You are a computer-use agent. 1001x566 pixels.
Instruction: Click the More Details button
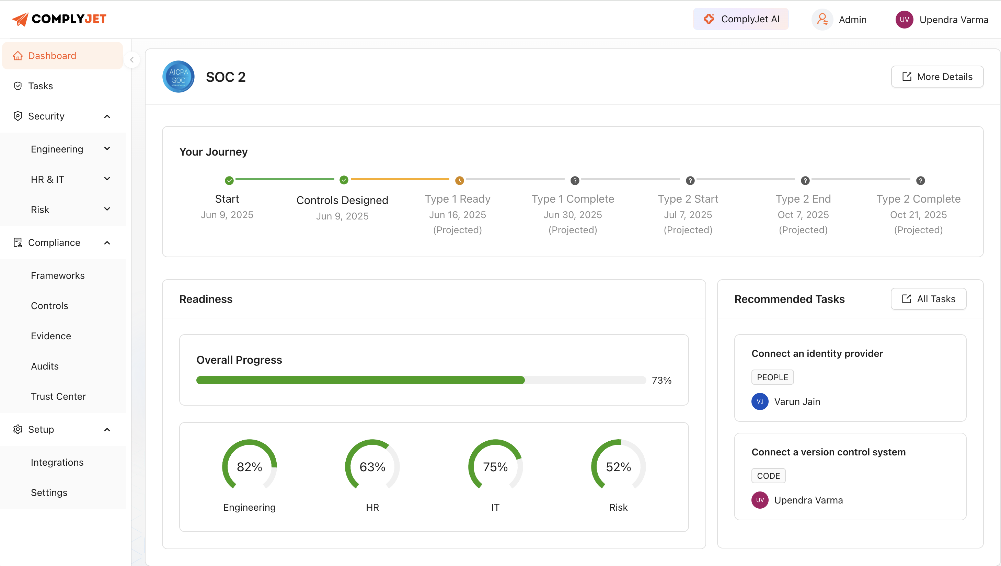click(x=937, y=77)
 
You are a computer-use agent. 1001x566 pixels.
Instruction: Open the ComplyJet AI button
click(x=741, y=19)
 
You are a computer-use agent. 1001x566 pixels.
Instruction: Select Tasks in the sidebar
click(x=41, y=86)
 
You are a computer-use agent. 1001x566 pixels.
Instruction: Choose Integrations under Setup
click(x=57, y=462)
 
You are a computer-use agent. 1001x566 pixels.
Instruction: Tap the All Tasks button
click(x=928, y=298)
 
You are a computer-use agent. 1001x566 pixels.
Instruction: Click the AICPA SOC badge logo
click(x=179, y=77)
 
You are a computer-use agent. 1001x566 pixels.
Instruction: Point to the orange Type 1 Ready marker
click(x=459, y=180)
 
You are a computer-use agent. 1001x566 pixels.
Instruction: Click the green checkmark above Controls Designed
click(x=344, y=180)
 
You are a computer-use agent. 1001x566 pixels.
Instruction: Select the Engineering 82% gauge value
click(x=250, y=466)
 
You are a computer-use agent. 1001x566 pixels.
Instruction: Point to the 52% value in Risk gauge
click(x=618, y=466)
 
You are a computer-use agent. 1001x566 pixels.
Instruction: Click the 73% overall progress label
click(x=661, y=380)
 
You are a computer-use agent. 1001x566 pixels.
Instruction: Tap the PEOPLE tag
click(x=772, y=377)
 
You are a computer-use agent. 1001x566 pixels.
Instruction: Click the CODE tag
click(x=768, y=475)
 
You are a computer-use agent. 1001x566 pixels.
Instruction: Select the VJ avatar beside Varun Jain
click(x=760, y=401)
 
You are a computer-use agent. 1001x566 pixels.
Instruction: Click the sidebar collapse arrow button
click(x=132, y=60)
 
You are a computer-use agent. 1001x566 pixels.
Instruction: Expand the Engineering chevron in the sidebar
click(x=107, y=149)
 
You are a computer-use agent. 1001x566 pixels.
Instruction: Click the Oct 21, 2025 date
click(x=918, y=215)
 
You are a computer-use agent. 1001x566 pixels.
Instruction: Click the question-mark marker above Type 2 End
click(x=805, y=180)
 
